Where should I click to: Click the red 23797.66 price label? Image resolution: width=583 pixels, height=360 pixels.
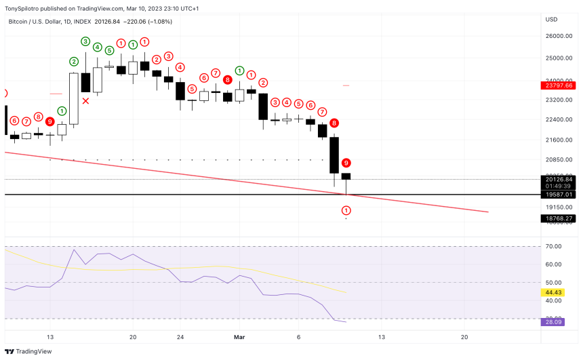559,86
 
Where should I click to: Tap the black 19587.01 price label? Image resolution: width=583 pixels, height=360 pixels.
559,195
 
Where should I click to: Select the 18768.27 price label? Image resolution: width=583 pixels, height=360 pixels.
559,218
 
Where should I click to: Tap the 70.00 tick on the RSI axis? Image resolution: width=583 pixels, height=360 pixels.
555,247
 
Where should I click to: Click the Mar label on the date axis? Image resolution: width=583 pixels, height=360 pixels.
239,337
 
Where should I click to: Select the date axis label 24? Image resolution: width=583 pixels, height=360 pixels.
180,337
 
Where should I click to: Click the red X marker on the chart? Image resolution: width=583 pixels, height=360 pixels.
86,101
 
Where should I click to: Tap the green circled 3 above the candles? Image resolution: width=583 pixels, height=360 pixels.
85,41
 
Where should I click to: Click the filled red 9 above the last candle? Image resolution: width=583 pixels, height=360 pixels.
346,163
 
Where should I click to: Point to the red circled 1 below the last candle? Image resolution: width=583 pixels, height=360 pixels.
346,211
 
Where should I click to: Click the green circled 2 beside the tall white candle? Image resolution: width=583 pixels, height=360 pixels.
74,62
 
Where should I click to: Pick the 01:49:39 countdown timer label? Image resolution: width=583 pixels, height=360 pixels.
559,185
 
